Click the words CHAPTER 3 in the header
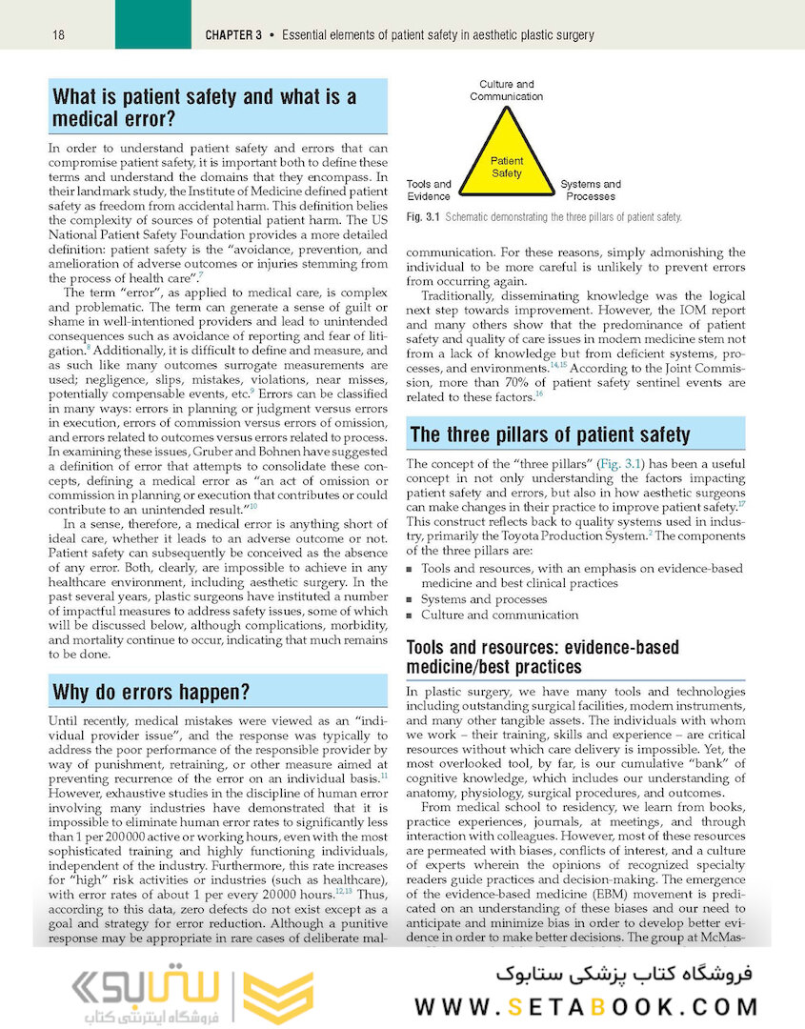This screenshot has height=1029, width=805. tap(233, 35)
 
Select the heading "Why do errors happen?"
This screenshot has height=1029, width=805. tap(151, 692)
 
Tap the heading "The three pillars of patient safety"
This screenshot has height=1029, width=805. tap(550, 435)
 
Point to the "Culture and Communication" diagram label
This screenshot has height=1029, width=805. tap(506, 91)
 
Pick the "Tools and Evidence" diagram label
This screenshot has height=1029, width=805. tap(429, 190)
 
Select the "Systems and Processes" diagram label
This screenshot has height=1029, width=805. tap(591, 190)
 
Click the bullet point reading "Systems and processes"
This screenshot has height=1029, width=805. tap(484, 599)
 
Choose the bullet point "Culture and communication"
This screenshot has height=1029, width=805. tap(499, 615)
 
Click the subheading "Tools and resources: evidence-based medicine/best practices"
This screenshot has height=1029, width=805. tap(542, 656)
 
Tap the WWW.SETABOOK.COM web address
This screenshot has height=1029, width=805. tap(587, 1006)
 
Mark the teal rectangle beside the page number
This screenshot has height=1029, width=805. tap(152, 25)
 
